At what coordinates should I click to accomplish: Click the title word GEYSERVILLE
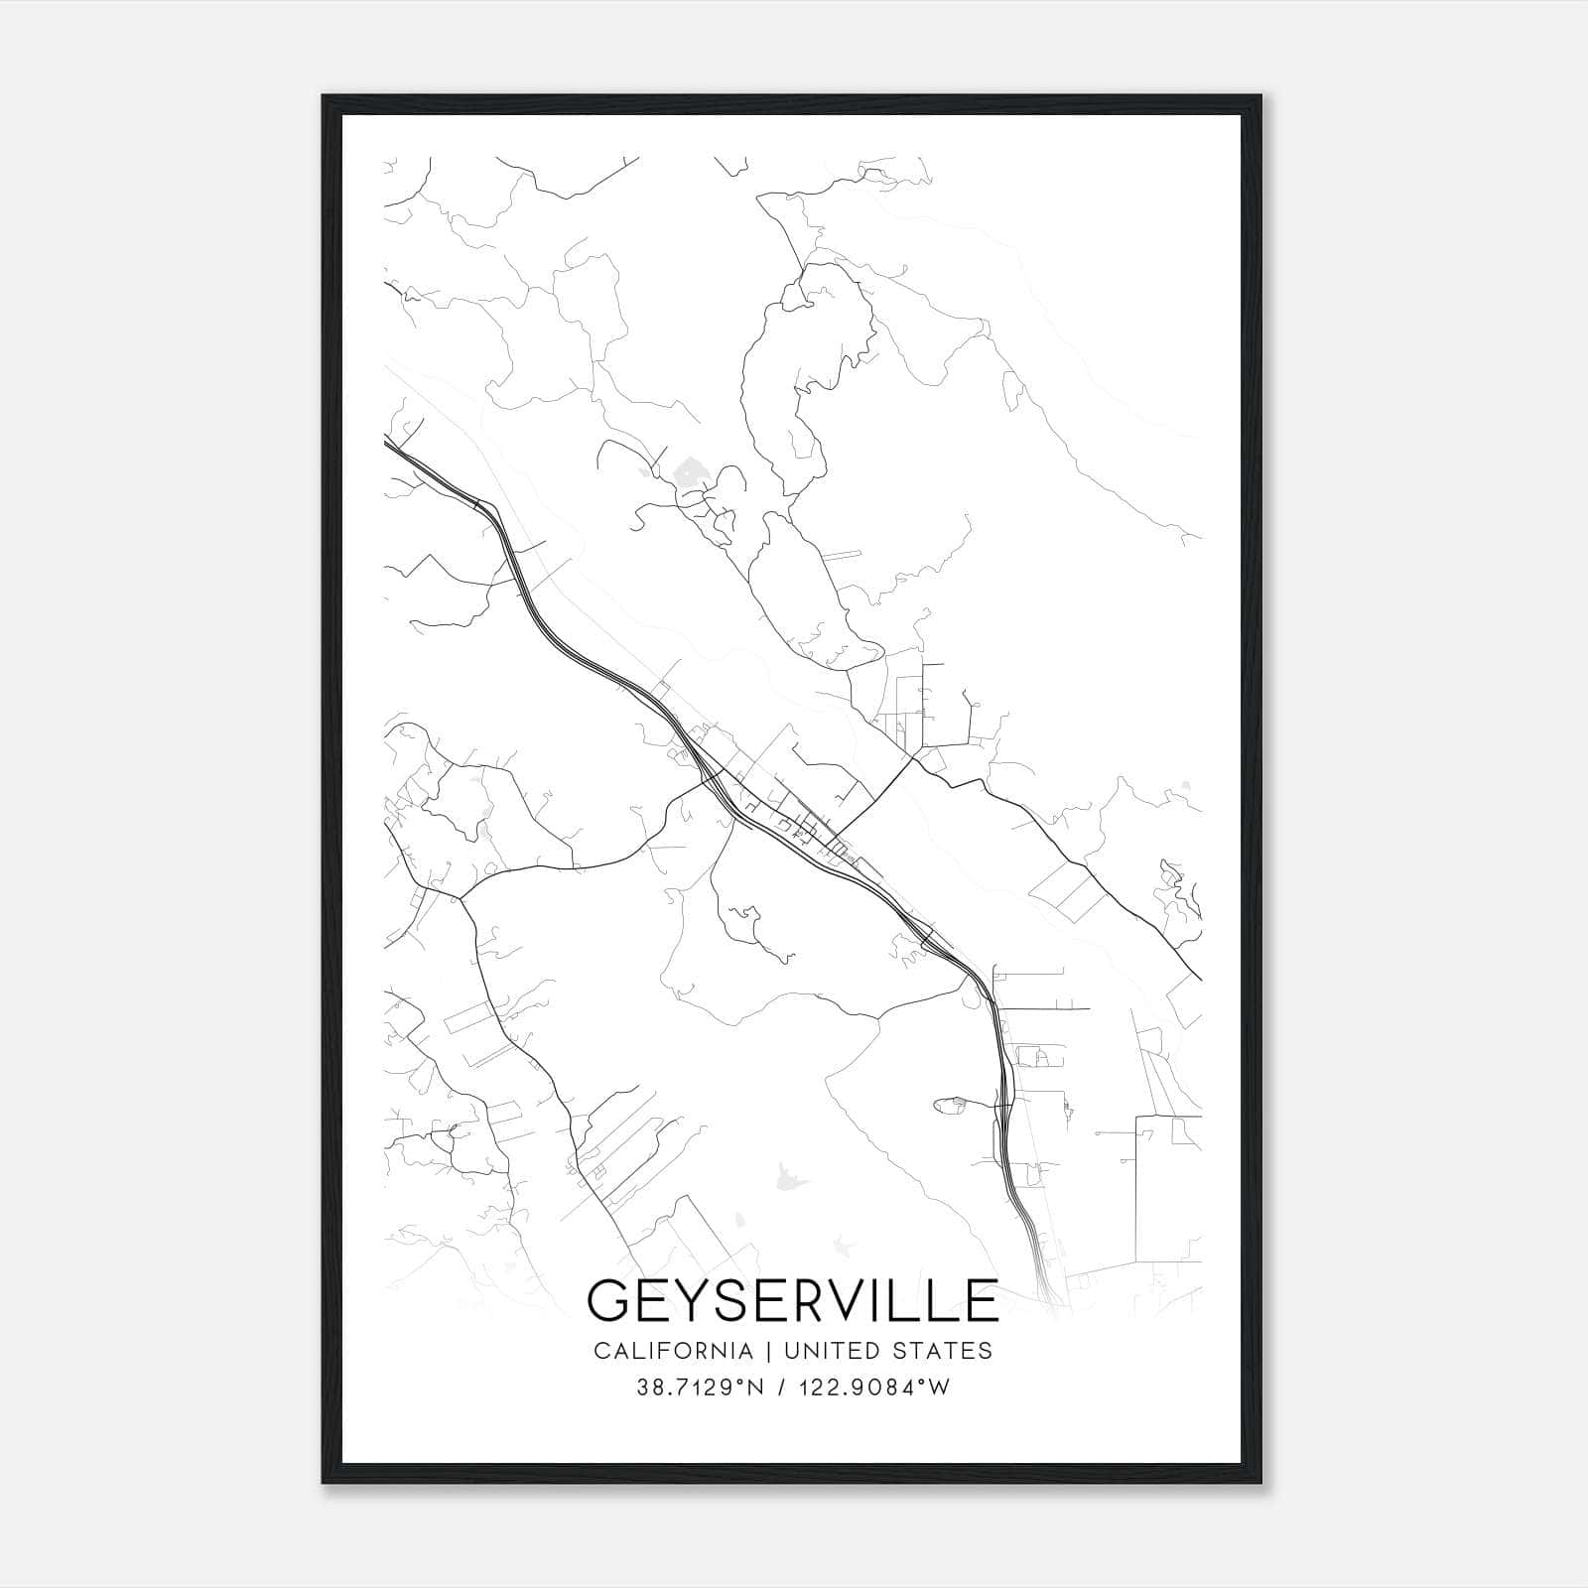click(792, 1301)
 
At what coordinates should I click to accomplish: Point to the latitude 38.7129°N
click(700, 1388)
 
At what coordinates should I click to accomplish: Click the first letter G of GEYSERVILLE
click(607, 1301)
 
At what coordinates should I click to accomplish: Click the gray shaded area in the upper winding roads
click(685, 467)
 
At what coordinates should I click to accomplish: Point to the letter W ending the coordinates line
click(940, 1388)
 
